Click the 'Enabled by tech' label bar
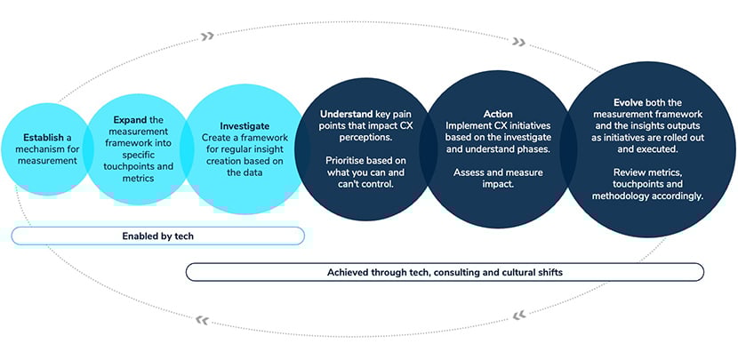pyautogui.click(x=158, y=236)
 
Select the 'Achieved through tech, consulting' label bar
pyautogui.click(x=445, y=272)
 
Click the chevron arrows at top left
pyautogui.click(x=207, y=36)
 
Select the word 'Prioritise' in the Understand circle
pyautogui.click(x=341, y=160)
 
